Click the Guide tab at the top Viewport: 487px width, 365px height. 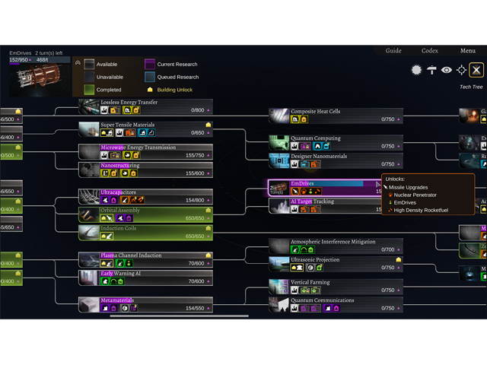pos(393,51)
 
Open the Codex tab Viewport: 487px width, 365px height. pos(430,51)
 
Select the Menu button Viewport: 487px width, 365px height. pos(468,51)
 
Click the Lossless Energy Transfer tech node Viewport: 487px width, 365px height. pos(129,102)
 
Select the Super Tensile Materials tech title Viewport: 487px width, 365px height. pos(128,125)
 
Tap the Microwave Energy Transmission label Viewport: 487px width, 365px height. pos(138,148)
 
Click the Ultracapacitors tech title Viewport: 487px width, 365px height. pos(119,192)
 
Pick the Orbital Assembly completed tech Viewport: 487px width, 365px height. pos(120,211)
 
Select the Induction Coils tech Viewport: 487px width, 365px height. pos(119,228)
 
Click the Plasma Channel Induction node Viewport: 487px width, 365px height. pos(131,255)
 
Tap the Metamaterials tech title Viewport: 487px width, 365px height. pos(116,300)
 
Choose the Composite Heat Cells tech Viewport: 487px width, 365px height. pos(316,112)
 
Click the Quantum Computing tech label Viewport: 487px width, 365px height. pos(316,138)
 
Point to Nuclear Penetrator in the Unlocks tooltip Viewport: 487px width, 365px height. pos(415,195)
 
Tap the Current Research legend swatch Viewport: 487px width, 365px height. pos(150,65)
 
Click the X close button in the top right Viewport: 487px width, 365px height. pos(476,70)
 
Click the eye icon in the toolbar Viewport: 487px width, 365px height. pos(447,70)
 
